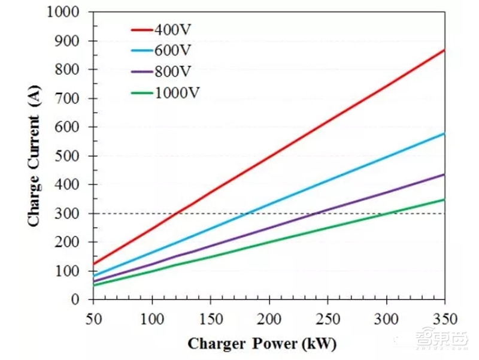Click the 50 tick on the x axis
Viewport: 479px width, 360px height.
[93, 316]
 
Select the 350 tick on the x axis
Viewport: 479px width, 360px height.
[444, 316]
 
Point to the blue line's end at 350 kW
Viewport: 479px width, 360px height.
[444, 133]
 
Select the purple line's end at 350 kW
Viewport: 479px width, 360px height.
[444, 174]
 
